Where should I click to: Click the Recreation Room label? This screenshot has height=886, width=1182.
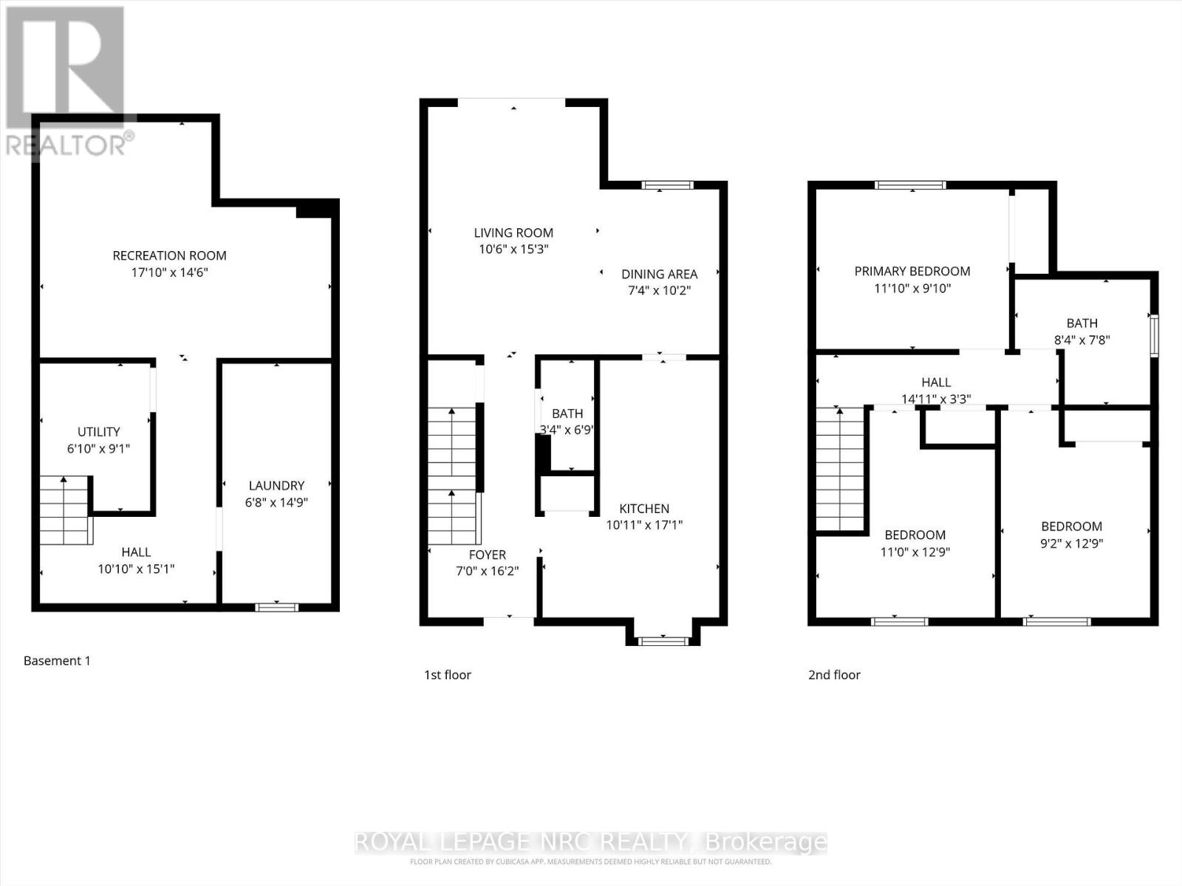click(x=169, y=255)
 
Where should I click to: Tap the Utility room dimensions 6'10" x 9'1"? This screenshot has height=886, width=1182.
click(x=99, y=448)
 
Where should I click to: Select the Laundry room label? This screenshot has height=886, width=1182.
click(x=276, y=485)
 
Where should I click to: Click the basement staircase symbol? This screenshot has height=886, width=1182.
click(x=66, y=510)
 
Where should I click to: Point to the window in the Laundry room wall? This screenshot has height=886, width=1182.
click(x=276, y=607)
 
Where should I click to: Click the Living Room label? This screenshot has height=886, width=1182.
click(x=513, y=233)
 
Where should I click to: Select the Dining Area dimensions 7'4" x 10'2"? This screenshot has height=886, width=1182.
click(x=659, y=290)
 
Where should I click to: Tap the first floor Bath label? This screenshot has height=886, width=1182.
click(x=567, y=413)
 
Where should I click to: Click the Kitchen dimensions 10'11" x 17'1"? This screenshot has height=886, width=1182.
click(x=644, y=525)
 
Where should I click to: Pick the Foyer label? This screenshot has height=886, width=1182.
click(x=488, y=554)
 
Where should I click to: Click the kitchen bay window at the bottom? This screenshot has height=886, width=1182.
click(x=663, y=641)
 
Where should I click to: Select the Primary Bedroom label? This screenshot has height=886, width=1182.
click(x=912, y=271)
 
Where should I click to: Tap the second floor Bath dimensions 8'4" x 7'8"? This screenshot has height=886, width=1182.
click(x=1082, y=340)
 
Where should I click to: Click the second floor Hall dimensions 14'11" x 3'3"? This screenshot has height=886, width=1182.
click(x=936, y=399)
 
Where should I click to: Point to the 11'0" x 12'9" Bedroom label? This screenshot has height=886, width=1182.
click(x=915, y=535)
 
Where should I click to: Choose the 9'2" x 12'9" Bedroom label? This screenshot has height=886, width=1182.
click(x=1071, y=526)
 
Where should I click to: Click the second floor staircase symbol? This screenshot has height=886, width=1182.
click(x=840, y=469)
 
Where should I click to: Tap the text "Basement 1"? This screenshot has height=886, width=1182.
click(x=57, y=661)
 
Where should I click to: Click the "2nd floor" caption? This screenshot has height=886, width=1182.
click(x=834, y=674)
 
